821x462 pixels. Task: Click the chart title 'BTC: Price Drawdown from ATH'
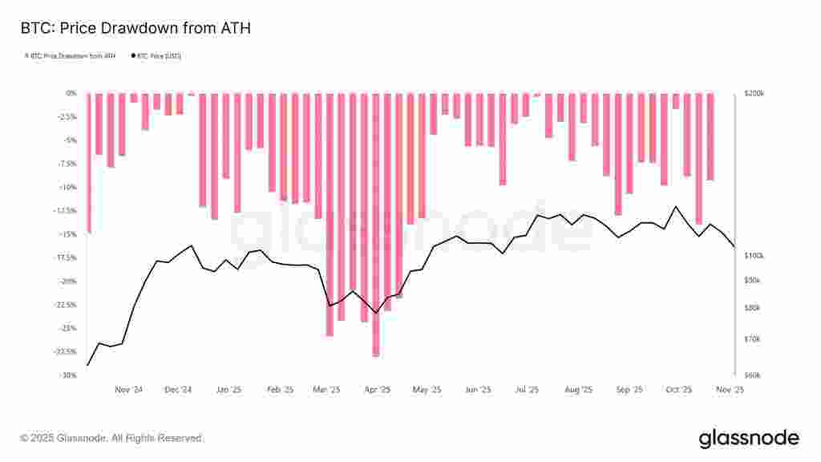pyautogui.click(x=135, y=29)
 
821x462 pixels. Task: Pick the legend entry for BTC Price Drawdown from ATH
pyautogui.click(x=72, y=56)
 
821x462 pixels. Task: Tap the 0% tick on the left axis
pyautogui.click(x=71, y=93)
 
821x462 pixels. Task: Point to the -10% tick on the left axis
pyautogui.click(x=67, y=187)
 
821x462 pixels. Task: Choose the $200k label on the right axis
pyautogui.click(x=754, y=93)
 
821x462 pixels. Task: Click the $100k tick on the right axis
pyautogui.click(x=754, y=255)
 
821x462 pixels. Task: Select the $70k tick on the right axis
pyautogui.click(x=753, y=340)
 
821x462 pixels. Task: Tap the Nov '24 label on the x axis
pyautogui.click(x=128, y=390)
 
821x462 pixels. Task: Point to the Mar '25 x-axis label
pyautogui.click(x=328, y=390)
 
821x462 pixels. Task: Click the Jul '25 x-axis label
pyautogui.click(x=527, y=390)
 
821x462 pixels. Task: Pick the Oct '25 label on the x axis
pyautogui.click(x=678, y=390)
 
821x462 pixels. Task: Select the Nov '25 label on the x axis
pyautogui.click(x=730, y=390)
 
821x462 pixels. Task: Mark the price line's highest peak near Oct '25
pyautogui.click(x=676, y=207)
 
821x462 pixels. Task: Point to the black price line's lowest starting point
pyautogui.click(x=87, y=365)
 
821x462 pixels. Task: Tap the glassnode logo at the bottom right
pyautogui.click(x=749, y=438)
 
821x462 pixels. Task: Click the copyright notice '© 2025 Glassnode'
pyautogui.click(x=112, y=439)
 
